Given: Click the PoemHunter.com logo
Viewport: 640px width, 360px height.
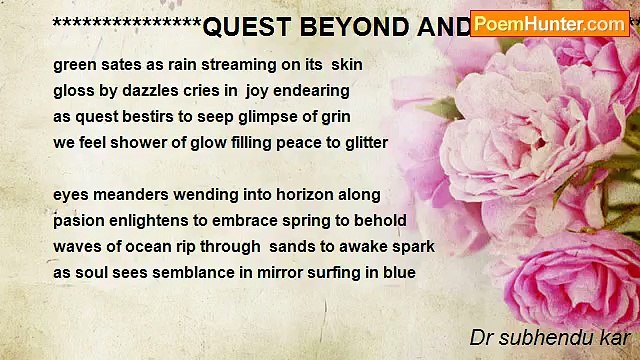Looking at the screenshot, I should [549, 23].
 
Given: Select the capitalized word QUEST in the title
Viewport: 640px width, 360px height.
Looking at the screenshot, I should [245, 28].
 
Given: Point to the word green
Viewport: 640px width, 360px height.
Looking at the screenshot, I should [75, 64].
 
